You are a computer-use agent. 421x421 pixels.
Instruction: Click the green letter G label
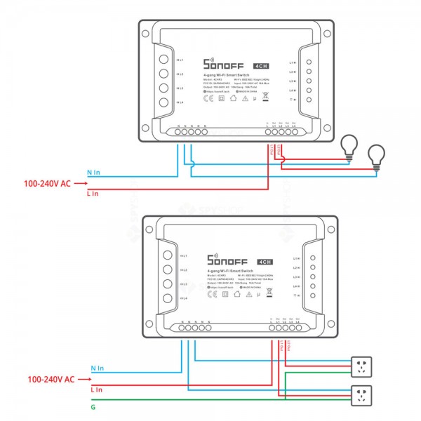93,406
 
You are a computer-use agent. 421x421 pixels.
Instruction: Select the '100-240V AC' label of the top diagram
46,182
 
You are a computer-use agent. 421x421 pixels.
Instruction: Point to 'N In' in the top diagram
94,173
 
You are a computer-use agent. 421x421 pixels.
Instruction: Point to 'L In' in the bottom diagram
96,389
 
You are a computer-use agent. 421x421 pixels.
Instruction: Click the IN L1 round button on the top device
163,60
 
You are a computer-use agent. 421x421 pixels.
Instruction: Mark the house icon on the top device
234,99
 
